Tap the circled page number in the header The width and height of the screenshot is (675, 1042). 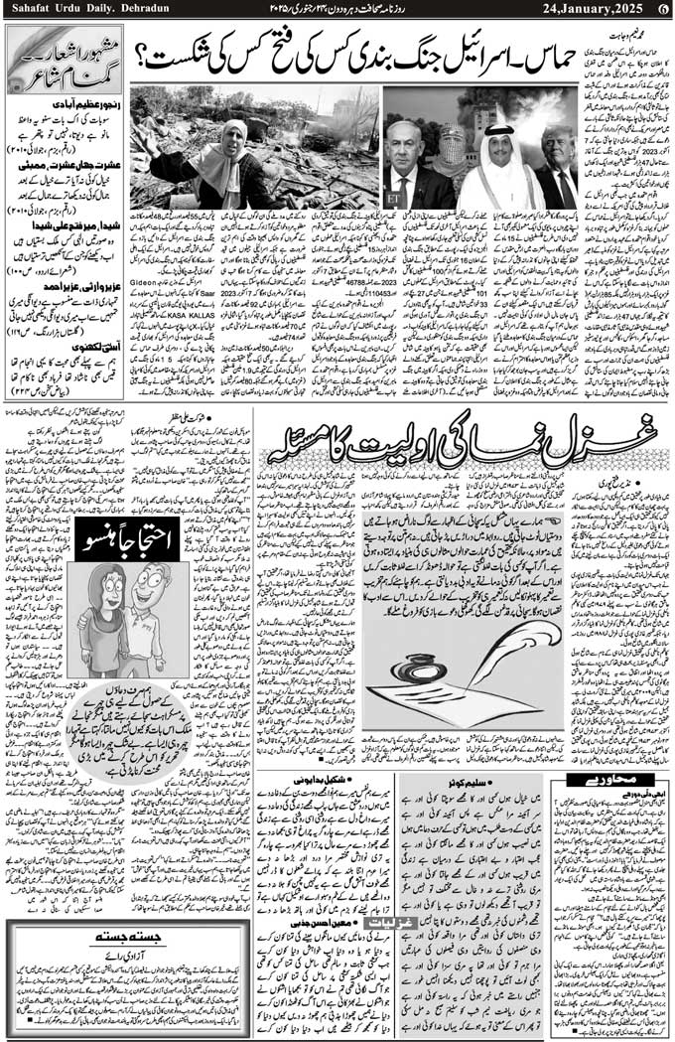pyautogui.click(x=662, y=9)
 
